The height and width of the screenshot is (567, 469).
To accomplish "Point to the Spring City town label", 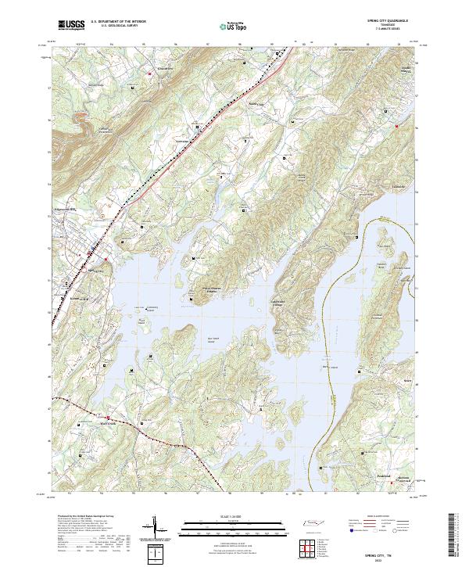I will click(x=94, y=271).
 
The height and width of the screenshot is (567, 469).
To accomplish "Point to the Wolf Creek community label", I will click(x=106, y=427).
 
